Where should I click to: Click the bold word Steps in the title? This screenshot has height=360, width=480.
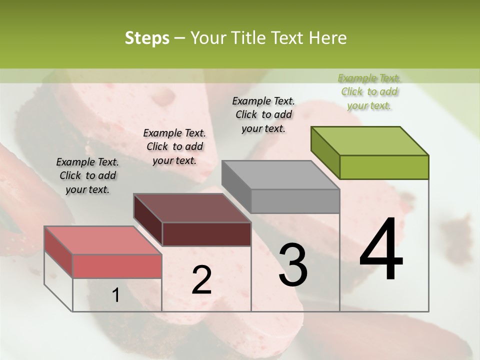pos(147,38)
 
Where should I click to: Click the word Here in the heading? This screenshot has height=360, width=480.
pos(327,38)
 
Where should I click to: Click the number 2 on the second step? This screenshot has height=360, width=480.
pos(201,280)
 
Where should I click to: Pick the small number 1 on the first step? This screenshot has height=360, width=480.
pos(116,295)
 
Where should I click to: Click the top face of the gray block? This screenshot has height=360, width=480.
pos(280,175)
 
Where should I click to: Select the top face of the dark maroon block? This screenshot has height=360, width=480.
pos(192,208)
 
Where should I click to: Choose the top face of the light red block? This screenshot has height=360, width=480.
pos(103,240)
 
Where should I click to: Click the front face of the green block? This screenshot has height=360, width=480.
pos(384,167)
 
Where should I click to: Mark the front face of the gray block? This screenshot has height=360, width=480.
pos(295,201)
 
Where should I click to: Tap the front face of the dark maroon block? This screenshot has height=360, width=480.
pos(206,234)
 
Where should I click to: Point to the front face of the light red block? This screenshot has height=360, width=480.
pos(117,265)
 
